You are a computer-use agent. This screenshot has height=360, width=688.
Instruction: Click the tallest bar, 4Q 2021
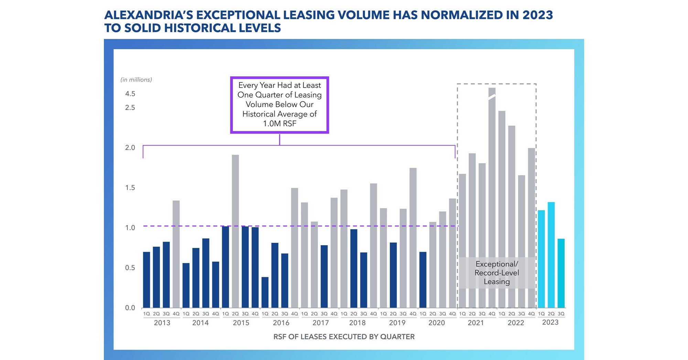[x=492, y=198]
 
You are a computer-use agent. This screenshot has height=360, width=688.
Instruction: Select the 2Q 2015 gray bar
[x=235, y=231]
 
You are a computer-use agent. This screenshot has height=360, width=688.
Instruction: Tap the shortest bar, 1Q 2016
[x=265, y=292]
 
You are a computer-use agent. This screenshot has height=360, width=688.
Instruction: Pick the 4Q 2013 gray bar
[x=176, y=254]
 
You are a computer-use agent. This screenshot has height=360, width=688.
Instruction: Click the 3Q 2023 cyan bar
[x=561, y=273]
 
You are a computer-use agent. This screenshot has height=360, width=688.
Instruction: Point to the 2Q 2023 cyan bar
[x=551, y=255]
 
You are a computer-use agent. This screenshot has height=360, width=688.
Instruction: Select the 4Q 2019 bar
[x=413, y=238]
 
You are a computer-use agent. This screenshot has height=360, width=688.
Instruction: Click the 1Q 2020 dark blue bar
[x=423, y=280]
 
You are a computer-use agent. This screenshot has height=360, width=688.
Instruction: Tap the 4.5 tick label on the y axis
[x=130, y=94]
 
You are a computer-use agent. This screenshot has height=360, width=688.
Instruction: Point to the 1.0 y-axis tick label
[x=130, y=228]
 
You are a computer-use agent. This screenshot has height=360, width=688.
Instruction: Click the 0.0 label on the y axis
[x=130, y=308]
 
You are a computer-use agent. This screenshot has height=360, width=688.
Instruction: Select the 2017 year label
[x=321, y=323]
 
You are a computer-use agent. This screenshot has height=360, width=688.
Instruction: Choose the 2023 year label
[x=550, y=322]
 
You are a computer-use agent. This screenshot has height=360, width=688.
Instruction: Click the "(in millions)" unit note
[x=136, y=80]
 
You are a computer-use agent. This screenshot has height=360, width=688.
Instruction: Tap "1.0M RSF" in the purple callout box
[x=280, y=123]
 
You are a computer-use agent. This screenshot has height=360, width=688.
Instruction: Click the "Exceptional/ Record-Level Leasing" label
[x=497, y=273]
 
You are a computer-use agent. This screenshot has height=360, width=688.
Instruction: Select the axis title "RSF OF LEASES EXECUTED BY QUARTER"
[x=344, y=337]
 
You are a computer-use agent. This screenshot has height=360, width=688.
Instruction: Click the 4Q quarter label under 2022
[x=531, y=314]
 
